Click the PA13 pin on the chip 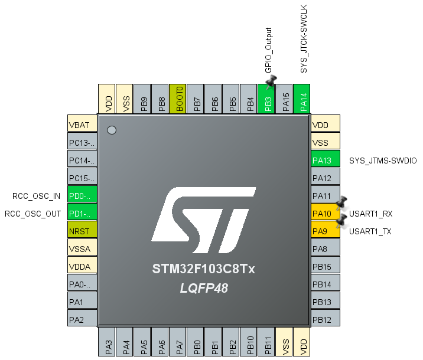[326, 161]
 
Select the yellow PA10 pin [326, 214]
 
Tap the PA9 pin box [326, 231]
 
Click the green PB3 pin [268, 99]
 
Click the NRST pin [82, 231]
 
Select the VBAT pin [82, 125]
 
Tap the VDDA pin [82, 267]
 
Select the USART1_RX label [370, 214]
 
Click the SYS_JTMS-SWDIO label [383, 161]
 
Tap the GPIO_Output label [268, 50]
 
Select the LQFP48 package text [204, 289]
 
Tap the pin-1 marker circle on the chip [111, 129]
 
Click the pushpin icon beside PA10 [341, 204]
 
